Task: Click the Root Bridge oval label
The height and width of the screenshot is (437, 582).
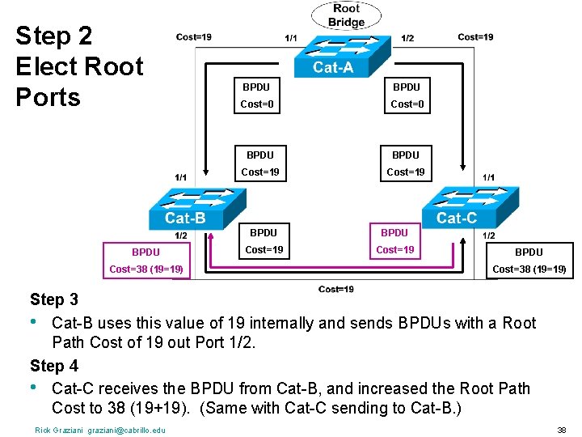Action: [347, 15]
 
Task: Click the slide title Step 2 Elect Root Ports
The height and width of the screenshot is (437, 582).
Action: [79, 66]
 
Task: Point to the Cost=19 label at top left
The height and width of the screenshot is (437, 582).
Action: [194, 36]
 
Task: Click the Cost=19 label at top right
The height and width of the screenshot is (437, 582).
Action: [475, 36]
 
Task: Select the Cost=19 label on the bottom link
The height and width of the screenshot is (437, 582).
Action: [335, 289]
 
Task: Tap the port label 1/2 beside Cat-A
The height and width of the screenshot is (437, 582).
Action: [408, 38]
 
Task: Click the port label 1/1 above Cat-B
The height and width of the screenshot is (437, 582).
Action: [181, 176]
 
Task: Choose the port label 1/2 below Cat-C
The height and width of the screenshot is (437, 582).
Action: [489, 235]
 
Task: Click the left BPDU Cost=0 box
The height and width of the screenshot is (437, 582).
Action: [256, 95]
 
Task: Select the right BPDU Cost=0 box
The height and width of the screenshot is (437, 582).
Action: [407, 95]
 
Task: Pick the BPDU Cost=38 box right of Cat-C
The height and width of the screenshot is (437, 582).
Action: [529, 260]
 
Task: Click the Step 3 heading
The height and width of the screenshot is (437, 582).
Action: [54, 300]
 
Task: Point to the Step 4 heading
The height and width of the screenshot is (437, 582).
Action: [54, 365]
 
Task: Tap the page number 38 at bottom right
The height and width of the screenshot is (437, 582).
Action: [562, 430]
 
